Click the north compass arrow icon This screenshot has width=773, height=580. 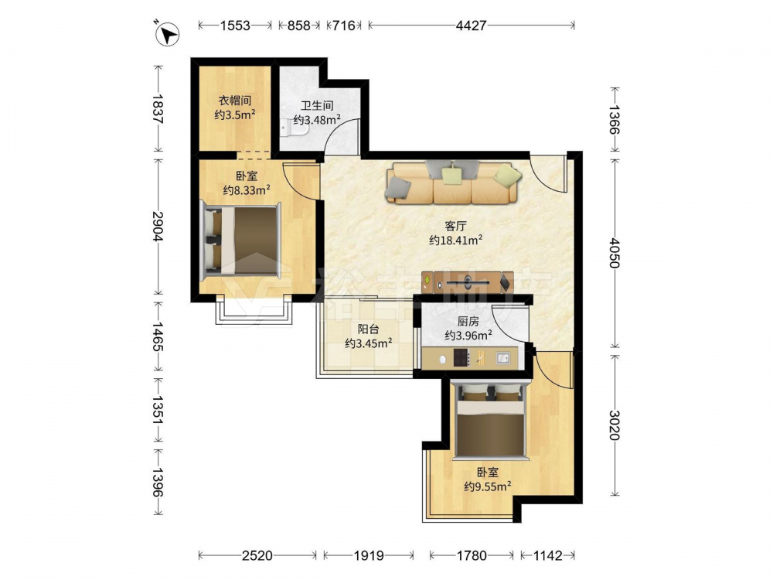tap(167, 34)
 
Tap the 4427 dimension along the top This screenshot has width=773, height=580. tap(471, 26)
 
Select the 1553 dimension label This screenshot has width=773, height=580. tap(235, 26)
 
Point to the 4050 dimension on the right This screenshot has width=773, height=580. tap(614, 253)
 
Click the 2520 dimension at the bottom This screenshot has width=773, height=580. tap(257, 556)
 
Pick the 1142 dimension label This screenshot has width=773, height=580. tap(548, 556)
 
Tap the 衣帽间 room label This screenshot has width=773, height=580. tap(235, 101)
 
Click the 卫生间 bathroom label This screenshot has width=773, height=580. tap(317, 105)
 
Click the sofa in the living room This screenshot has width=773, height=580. tap(452, 182)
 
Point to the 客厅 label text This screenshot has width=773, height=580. tap(455, 227)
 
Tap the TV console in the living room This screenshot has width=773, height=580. tap(467, 282)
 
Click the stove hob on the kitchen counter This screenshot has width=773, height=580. tap(461, 358)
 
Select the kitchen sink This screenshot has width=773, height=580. tap(503, 358)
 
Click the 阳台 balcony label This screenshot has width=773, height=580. tap(368, 329)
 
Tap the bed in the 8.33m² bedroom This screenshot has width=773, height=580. tap(240, 241)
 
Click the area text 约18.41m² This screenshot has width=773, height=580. tap(455, 241)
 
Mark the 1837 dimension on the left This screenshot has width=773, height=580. tap(158, 108)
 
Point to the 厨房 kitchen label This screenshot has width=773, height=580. tap(468, 322)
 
